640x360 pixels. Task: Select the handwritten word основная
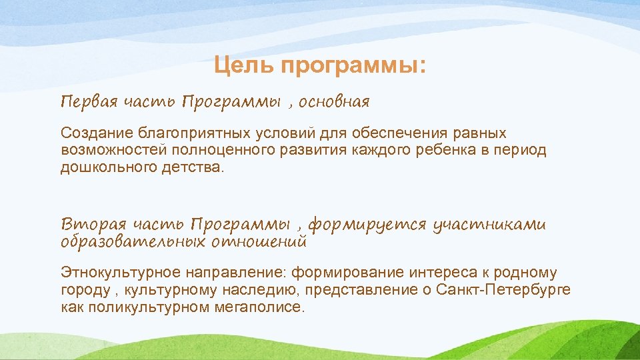[x=334, y=102]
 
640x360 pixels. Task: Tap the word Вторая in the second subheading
[x=90, y=224]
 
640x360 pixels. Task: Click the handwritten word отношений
[x=259, y=241]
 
